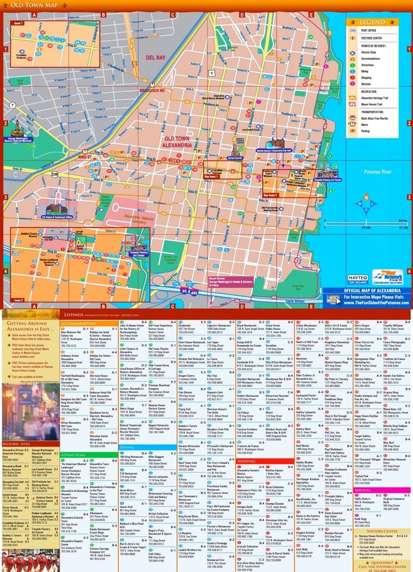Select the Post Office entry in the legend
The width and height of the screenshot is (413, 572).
click(x=367, y=31)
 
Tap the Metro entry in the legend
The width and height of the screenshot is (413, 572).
click(x=365, y=125)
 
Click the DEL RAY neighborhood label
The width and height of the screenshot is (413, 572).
click(x=156, y=57)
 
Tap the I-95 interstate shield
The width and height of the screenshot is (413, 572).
click(x=185, y=290)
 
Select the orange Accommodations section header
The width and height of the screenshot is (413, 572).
click(x=78, y=323)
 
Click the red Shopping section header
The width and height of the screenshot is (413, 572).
click(x=247, y=461)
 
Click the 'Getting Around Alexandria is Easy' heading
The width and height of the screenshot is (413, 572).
click(x=28, y=326)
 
